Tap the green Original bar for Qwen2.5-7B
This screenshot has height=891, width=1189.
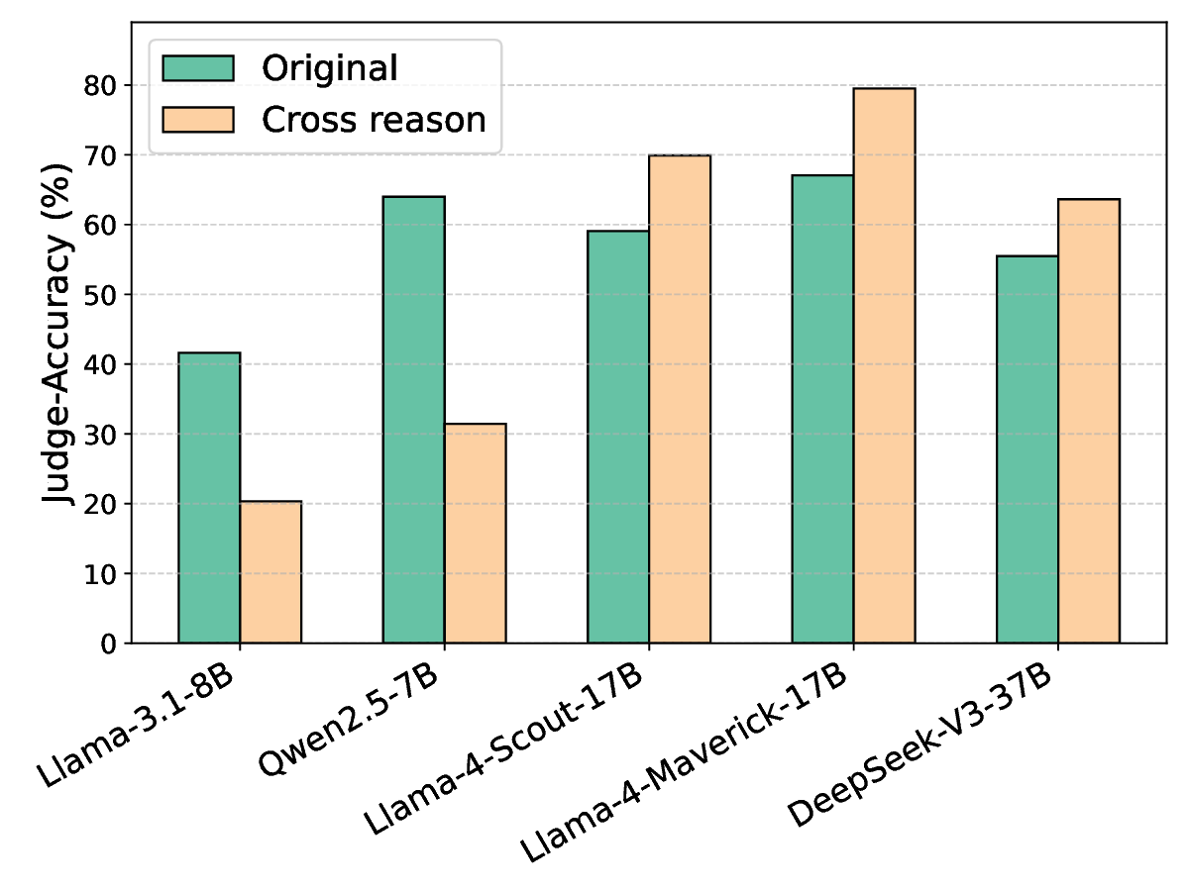413,420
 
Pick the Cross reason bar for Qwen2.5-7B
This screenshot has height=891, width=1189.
475,534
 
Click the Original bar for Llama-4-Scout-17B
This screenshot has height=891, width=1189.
618,437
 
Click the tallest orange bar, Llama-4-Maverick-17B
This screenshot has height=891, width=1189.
884,365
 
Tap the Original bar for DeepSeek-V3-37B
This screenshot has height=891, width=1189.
1027,449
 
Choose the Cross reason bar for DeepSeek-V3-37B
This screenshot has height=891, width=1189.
1089,421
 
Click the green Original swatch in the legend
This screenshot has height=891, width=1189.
198,68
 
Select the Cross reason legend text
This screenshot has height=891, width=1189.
374,120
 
